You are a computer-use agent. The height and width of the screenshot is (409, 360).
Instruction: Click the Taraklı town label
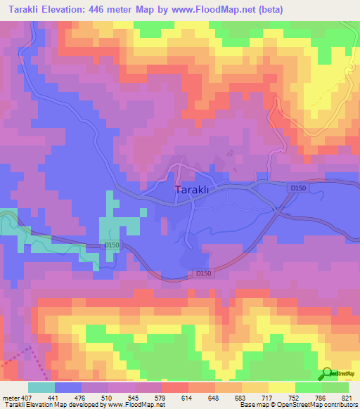191,190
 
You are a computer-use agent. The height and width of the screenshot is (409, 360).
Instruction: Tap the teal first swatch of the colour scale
41,387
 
